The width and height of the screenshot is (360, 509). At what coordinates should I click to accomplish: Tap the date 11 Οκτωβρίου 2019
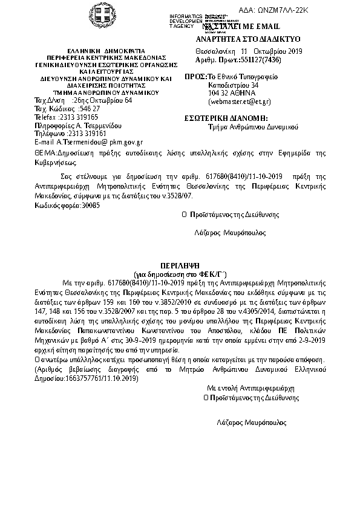pyautogui.click(x=272, y=52)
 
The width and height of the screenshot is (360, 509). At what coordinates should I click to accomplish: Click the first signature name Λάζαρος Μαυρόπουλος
pyautogui.click(x=229, y=232)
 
